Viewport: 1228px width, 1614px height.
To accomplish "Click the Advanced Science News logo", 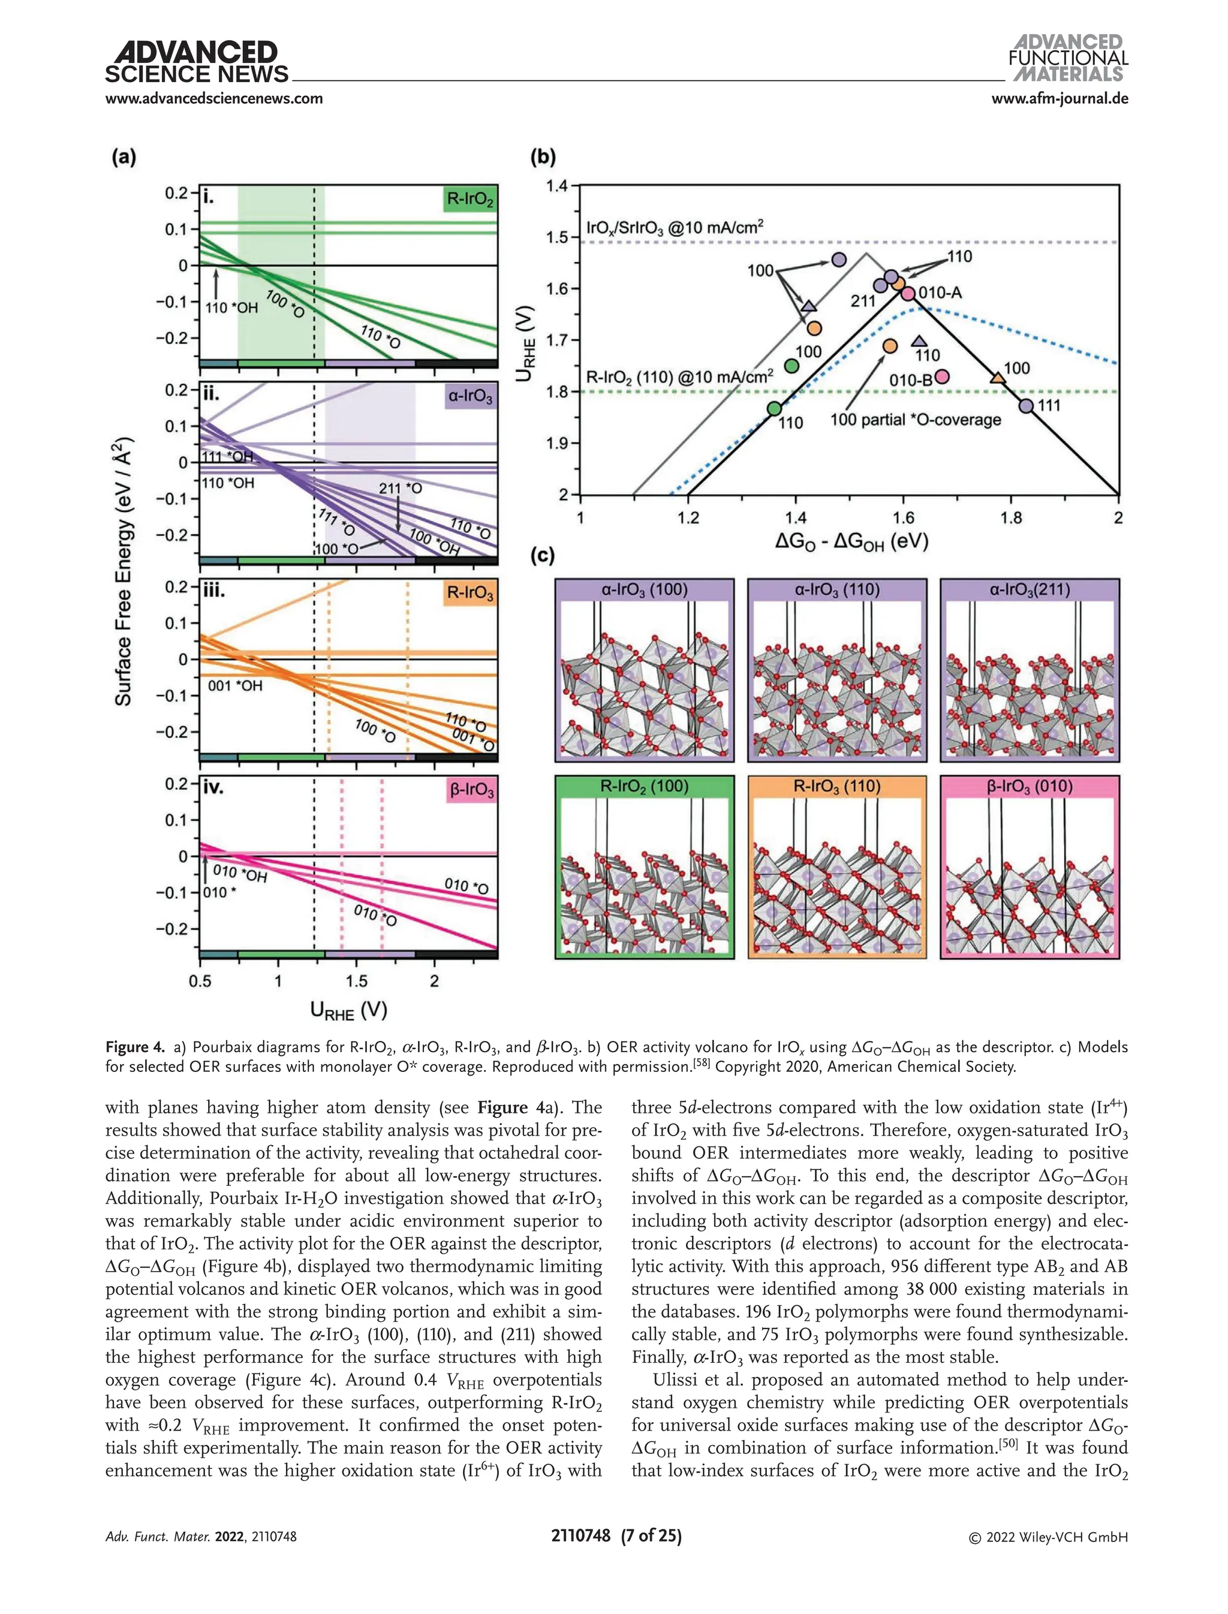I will tap(196, 63).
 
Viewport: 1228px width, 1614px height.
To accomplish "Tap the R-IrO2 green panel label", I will tap(470, 199).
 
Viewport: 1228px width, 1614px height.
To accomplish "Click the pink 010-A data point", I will tap(908, 294).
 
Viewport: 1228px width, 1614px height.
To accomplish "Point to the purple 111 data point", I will tap(1027, 406).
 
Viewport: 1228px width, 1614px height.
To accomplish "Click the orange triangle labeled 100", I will tap(997, 378).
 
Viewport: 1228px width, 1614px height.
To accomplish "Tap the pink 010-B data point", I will tap(942, 376).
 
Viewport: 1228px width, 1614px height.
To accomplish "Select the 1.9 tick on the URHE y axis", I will tap(558, 444).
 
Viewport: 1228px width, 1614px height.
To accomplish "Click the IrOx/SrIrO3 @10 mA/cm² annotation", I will tap(674, 227).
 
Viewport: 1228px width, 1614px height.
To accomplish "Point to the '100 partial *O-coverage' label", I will tap(915, 420).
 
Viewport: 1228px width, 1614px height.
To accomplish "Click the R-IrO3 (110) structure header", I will tap(837, 787).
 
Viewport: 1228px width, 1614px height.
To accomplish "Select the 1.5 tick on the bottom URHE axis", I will tap(357, 981).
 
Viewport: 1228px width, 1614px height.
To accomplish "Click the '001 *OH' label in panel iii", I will tap(234, 686).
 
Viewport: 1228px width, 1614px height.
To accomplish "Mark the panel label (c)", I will tap(543, 556).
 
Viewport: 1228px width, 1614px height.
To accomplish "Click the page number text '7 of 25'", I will tap(651, 1536).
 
